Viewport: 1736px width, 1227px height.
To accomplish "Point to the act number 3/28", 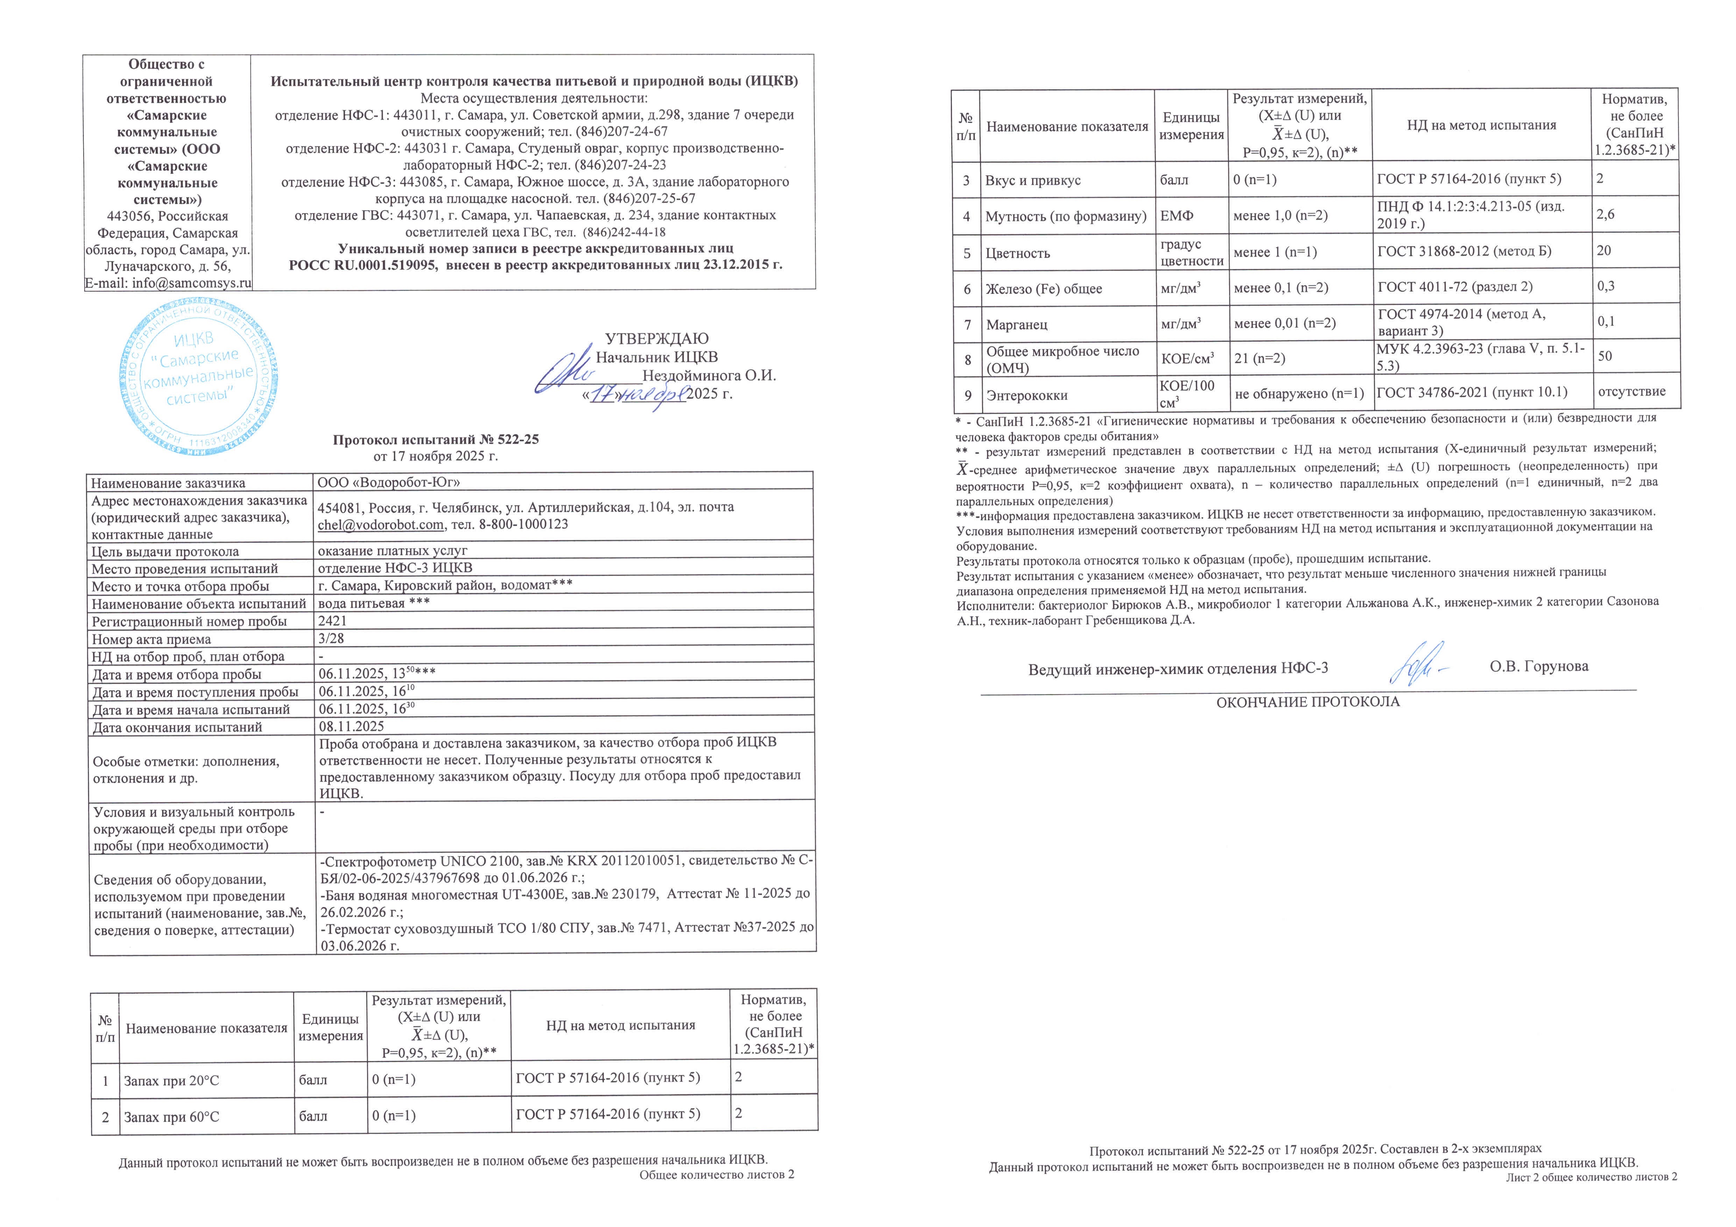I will point(331,639).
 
